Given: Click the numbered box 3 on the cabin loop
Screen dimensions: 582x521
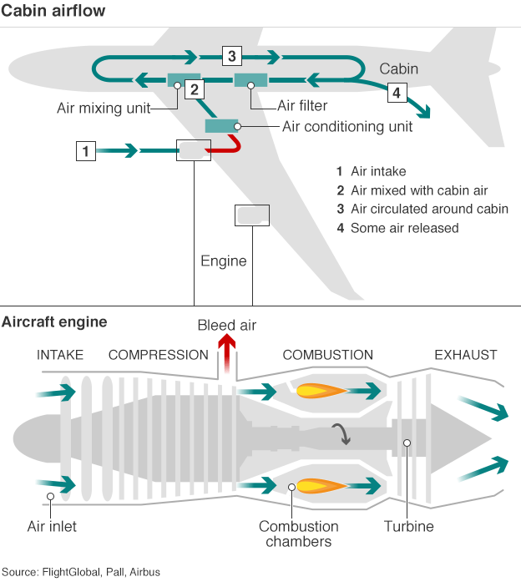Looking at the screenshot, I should [231, 57].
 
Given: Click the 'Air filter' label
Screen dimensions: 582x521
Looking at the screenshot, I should [302, 106].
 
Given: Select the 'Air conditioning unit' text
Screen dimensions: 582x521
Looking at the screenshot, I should [347, 127].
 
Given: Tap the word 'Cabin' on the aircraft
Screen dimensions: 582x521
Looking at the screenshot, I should [398, 69].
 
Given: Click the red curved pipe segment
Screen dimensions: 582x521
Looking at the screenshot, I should [230, 149].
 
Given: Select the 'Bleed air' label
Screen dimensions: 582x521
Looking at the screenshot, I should [226, 325].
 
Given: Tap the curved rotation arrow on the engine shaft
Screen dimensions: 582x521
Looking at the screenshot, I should [341, 433].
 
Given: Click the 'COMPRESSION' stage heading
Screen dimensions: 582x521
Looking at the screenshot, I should [159, 355].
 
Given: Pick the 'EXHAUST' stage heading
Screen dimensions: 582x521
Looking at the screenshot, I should [465, 355].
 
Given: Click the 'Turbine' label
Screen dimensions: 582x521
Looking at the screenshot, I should [409, 527].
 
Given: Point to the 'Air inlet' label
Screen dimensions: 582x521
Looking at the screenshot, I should [52, 527].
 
